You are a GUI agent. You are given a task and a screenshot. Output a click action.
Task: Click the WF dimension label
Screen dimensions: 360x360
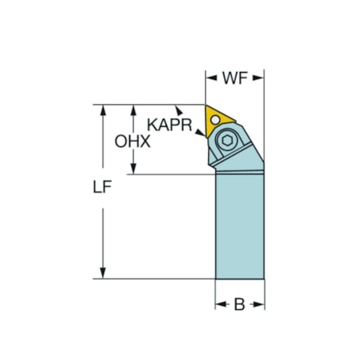point(235,78)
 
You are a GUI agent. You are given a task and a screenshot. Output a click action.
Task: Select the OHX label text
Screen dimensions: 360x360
point(132,142)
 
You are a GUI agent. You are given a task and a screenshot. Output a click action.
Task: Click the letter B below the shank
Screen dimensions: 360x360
point(240,304)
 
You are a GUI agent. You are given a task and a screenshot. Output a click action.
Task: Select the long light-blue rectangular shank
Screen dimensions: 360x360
point(239,227)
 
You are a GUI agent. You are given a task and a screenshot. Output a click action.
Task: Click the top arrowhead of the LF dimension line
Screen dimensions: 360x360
point(103,110)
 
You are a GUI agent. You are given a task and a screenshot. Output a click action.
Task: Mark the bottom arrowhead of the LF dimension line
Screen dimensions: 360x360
point(103,274)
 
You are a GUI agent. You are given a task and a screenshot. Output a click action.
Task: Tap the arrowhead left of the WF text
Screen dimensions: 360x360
point(210,77)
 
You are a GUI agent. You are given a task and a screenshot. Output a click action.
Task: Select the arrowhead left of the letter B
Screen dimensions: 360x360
point(220,304)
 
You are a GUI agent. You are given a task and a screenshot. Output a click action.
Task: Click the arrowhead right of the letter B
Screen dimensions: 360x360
point(261,304)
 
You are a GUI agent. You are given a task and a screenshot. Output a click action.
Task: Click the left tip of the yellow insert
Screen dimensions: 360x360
point(207,106)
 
